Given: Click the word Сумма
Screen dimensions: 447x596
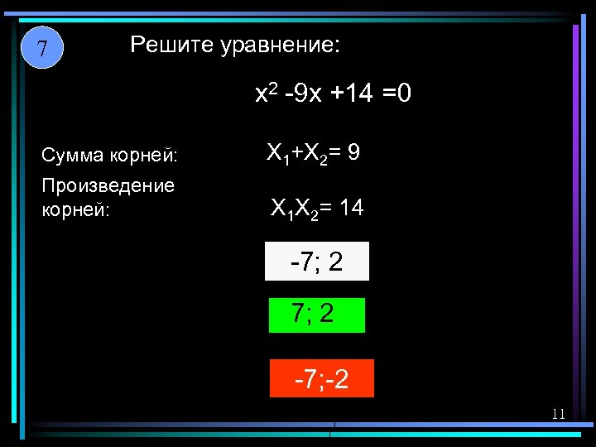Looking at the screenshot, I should click(71, 155).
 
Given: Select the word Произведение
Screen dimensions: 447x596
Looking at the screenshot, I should click(108, 185).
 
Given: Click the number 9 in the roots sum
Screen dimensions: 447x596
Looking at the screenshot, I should click(353, 153).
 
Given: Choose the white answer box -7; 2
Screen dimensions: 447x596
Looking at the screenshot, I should click(316, 262).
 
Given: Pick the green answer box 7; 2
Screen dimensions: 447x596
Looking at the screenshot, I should click(316, 315).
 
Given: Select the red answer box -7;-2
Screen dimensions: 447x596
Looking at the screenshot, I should click(322, 378).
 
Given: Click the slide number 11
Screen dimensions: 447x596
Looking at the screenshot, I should click(558, 414).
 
